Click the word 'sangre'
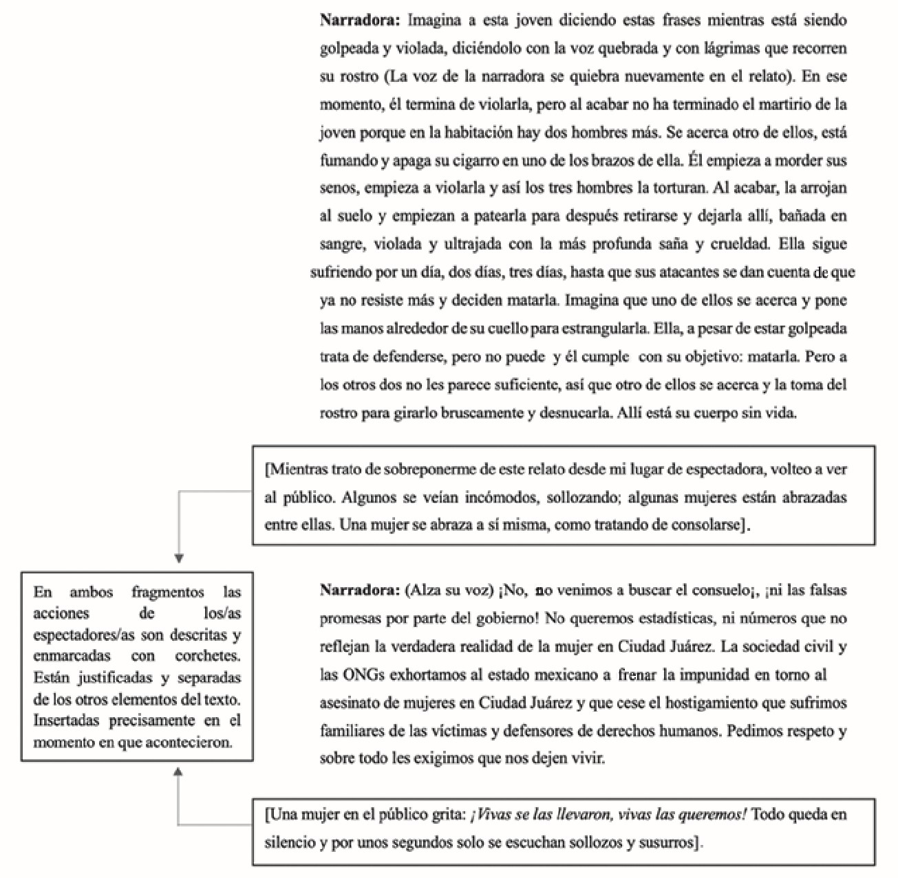[342, 244]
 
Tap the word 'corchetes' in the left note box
[208, 657]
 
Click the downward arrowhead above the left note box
[179, 559]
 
